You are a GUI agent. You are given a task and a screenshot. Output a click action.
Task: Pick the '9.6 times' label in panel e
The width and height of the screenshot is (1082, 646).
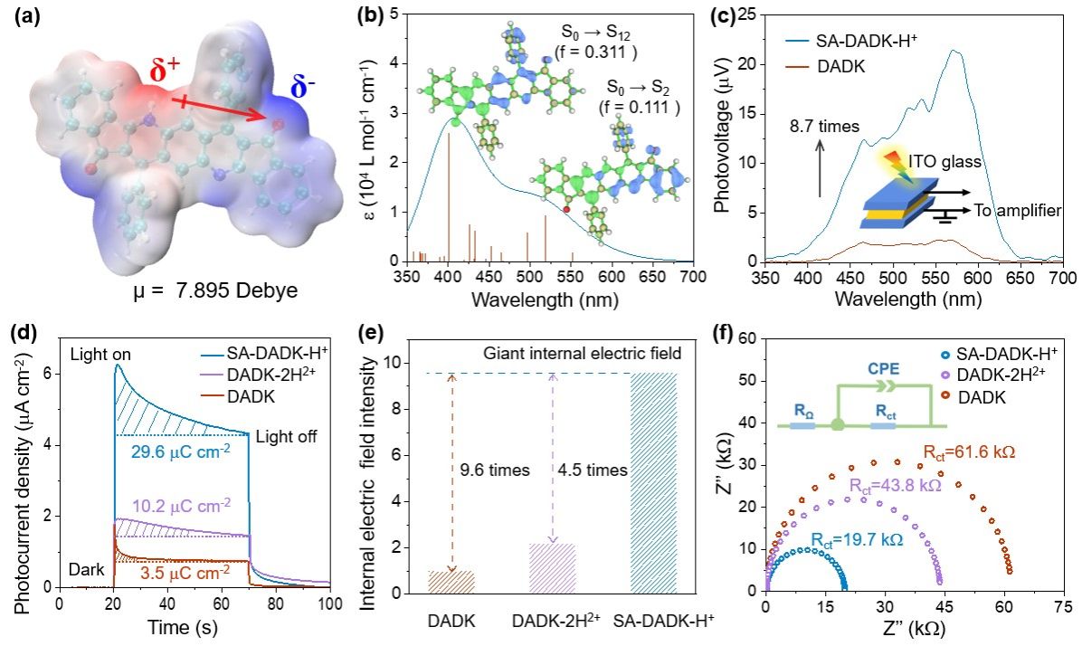pyautogui.click(x=480, y=470)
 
